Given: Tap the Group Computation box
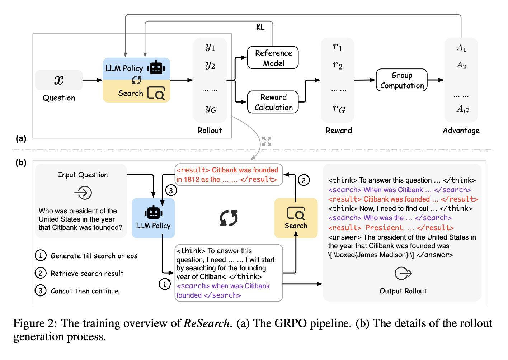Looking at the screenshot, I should click(x=401, y=80).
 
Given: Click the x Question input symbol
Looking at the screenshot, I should click(x=59, y=80).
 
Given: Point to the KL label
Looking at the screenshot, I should click(x=260, y=28).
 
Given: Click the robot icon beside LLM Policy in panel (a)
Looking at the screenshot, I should click(x=156, y=67).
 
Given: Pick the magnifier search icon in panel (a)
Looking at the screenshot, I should click(x=156, y=93).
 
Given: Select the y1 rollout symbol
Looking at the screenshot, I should click(x=210, y=47).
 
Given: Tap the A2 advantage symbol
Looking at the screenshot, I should click(x=461, y=65).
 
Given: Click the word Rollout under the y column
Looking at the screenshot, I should click(x=210, y=131).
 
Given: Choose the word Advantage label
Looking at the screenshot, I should click(x=461, y=131).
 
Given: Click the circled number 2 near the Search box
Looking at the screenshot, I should click(x=304, y=180).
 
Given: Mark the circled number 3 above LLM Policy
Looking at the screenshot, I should click(x=171, y=190).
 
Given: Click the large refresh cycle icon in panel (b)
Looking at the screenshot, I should click(x=229, y=218).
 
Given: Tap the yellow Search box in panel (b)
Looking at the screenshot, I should click(x=296, y=218).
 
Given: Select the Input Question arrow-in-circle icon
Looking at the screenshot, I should click(x=83, y=193).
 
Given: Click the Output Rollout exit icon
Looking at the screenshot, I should click(x=403, y=274).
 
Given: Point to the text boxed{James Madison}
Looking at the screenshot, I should click(x=371, y=255).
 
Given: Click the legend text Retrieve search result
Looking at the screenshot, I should click(x=87, y=274).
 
